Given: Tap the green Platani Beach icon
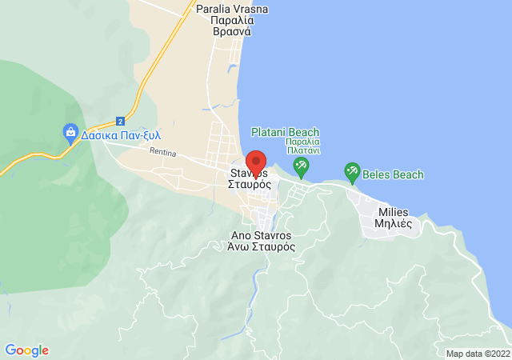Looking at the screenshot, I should (x=302, y=167).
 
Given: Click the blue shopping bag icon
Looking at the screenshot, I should (x=70, y=132).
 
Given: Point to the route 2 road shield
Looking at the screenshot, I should (x=120, y=121).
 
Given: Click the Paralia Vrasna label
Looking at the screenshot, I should (x=232, y=9).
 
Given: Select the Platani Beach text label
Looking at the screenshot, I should (x=285, y=132).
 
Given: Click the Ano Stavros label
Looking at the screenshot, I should (x=262, y=235).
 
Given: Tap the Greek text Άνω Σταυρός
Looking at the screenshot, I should (x=262, y=247).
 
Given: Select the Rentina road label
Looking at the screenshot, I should (x=162, y=150).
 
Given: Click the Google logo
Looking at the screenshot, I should (x=27, y=350).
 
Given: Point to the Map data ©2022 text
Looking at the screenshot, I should (x=478, y=354).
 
